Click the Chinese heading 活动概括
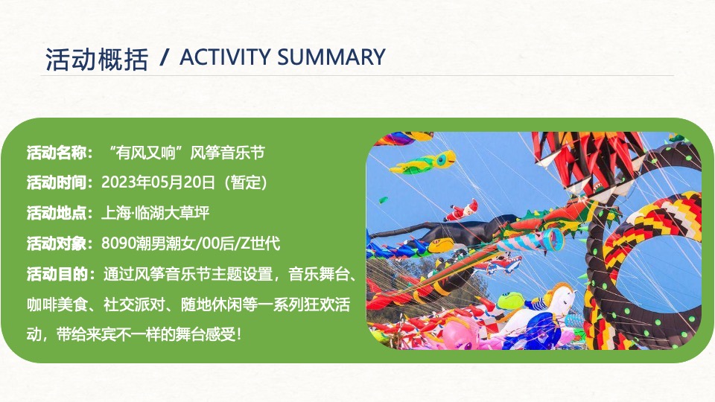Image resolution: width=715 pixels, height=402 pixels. (97, 60)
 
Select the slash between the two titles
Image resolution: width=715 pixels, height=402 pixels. (165, 58)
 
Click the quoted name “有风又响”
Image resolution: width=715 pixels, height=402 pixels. (146, 153)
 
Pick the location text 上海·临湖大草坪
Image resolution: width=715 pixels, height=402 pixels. (155, 214)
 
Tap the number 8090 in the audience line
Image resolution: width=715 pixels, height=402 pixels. (117, 243)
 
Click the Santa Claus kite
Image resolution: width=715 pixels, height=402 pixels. (463, 210)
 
